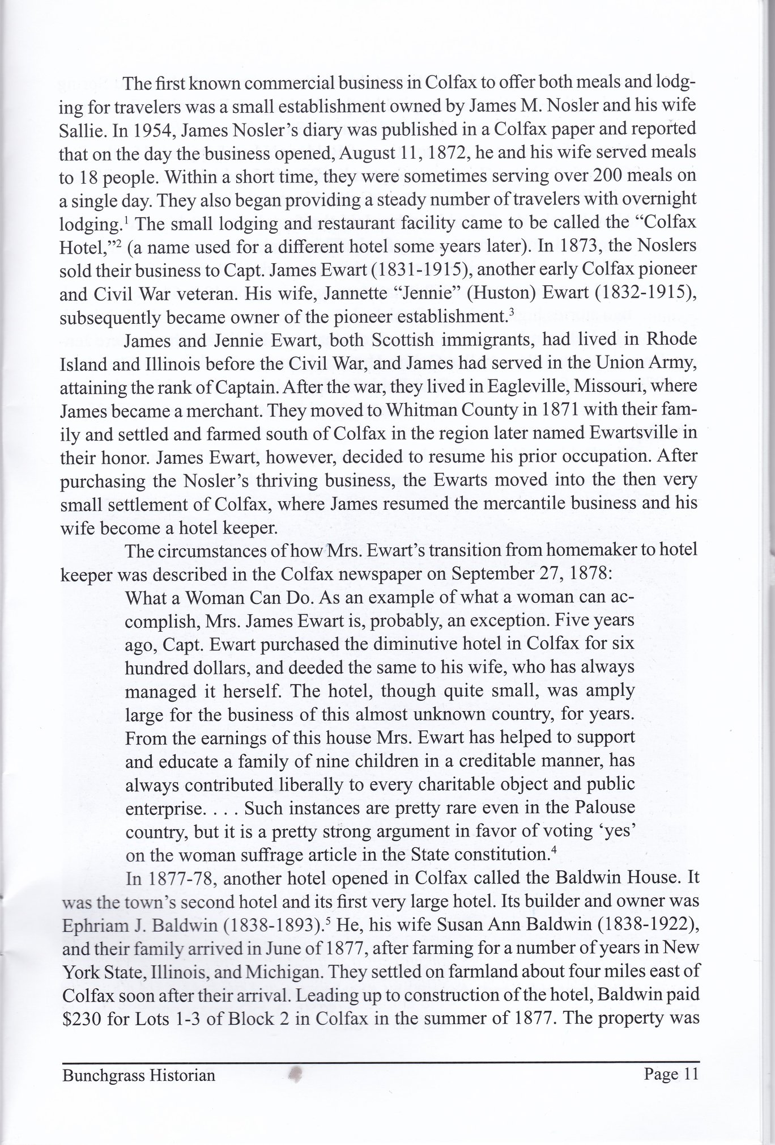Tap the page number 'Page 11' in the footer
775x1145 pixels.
[671, 1074]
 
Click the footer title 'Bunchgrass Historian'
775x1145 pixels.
[139, 1075]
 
